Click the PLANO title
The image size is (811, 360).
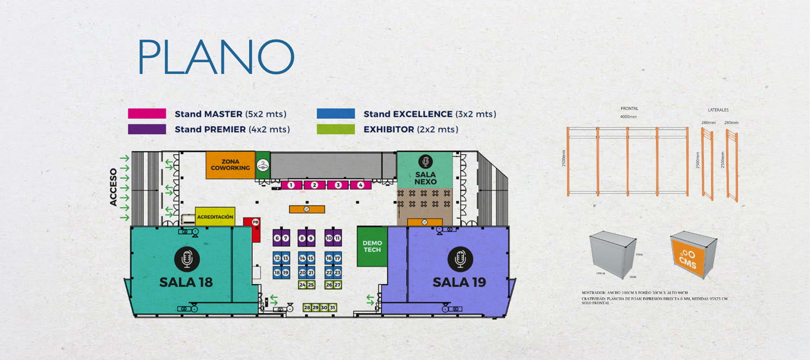(x=216, y=58)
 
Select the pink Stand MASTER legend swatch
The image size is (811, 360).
(x=147, y=114)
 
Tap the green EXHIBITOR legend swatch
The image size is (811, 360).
(x=336, y=129)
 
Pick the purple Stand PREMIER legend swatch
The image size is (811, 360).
(x=147, y=129)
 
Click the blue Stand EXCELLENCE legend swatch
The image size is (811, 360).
(x=336, y=114)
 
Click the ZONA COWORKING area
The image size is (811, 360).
(x=230, y=165)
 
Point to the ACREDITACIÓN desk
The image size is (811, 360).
(x=215, y=217)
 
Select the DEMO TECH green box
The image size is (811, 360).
(x=372, y=246)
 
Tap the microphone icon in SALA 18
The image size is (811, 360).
(x=186, y=259)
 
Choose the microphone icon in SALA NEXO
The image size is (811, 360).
(x=425, y=162)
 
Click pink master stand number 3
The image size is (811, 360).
(x=338, y=185)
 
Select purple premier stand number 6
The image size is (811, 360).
(x=277, y=238)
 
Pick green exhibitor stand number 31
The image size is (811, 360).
(x=332, y=308)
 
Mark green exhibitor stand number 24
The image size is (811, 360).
(x=303, y=285)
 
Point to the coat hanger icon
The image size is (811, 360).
(x=262, y=165)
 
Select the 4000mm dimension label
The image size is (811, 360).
(x=628, y=117)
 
